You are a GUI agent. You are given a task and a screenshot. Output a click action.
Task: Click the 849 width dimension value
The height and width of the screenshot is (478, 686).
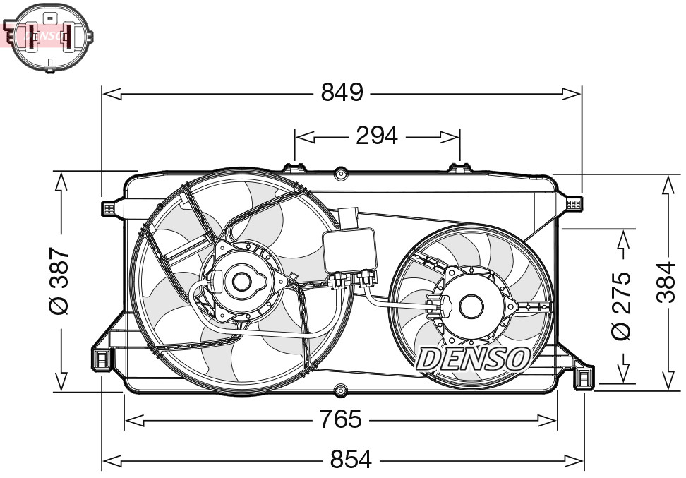342,92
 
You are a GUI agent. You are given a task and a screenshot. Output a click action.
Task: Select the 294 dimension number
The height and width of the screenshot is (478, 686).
376,136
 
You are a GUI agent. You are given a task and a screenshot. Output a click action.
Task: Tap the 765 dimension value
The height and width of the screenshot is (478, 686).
340,420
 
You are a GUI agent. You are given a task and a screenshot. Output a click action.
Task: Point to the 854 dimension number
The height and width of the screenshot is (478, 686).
351,460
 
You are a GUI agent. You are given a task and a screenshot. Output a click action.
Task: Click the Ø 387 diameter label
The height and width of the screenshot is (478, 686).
60,281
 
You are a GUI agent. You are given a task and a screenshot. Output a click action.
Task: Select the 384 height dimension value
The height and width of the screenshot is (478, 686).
667,282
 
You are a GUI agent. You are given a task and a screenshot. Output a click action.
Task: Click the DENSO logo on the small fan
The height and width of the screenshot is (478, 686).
474,359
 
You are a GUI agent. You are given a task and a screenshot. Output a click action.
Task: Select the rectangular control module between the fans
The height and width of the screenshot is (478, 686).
349,250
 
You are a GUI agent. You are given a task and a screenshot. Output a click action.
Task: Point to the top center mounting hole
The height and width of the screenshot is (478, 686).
340,172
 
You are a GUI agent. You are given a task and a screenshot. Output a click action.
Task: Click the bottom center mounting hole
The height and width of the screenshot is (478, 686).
340,390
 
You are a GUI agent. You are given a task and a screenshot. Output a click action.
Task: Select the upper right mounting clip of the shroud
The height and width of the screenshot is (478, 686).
574,204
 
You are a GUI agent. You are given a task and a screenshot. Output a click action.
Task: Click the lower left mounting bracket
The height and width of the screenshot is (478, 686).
102,359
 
